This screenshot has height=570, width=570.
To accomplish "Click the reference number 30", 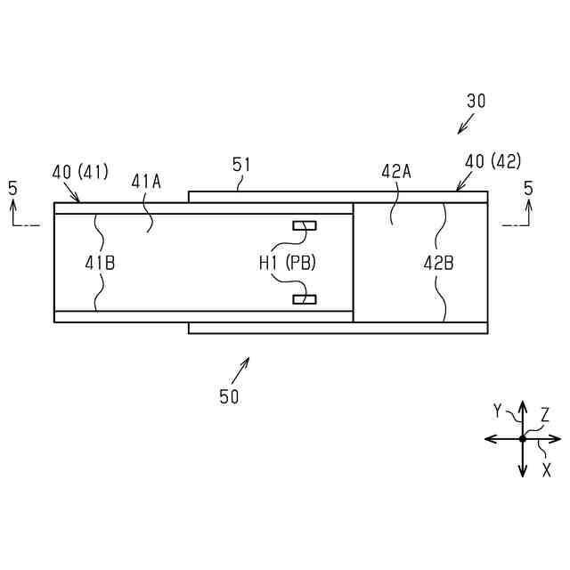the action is click(x=476, y=102).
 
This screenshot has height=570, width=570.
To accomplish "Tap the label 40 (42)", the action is click(x=493, y=161).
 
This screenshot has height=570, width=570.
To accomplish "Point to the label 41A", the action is click(x=146, y=181).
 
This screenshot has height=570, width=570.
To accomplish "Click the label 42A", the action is click(x=395, y=172).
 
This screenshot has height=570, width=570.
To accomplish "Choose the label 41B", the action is click(x=100, y=263).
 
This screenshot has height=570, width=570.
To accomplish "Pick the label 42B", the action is click(x=438, y=263).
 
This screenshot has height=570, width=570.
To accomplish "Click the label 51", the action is click(x=241, y=164).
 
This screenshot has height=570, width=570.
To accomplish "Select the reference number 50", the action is click(x=229, y=397).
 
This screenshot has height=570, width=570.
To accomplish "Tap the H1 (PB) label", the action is click(x=288, y=263).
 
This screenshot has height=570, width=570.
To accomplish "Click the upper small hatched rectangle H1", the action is click(x=305, y=226).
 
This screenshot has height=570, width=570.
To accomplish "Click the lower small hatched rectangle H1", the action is click(x=305, y=298).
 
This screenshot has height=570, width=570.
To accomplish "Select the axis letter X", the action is click(x=547, y=469).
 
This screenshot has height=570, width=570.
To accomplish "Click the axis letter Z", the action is click(x=545, y=414).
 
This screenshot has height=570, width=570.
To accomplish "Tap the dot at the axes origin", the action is click(x=523, y=439).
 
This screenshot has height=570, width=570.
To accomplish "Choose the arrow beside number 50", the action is click(x=241, y=366).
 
